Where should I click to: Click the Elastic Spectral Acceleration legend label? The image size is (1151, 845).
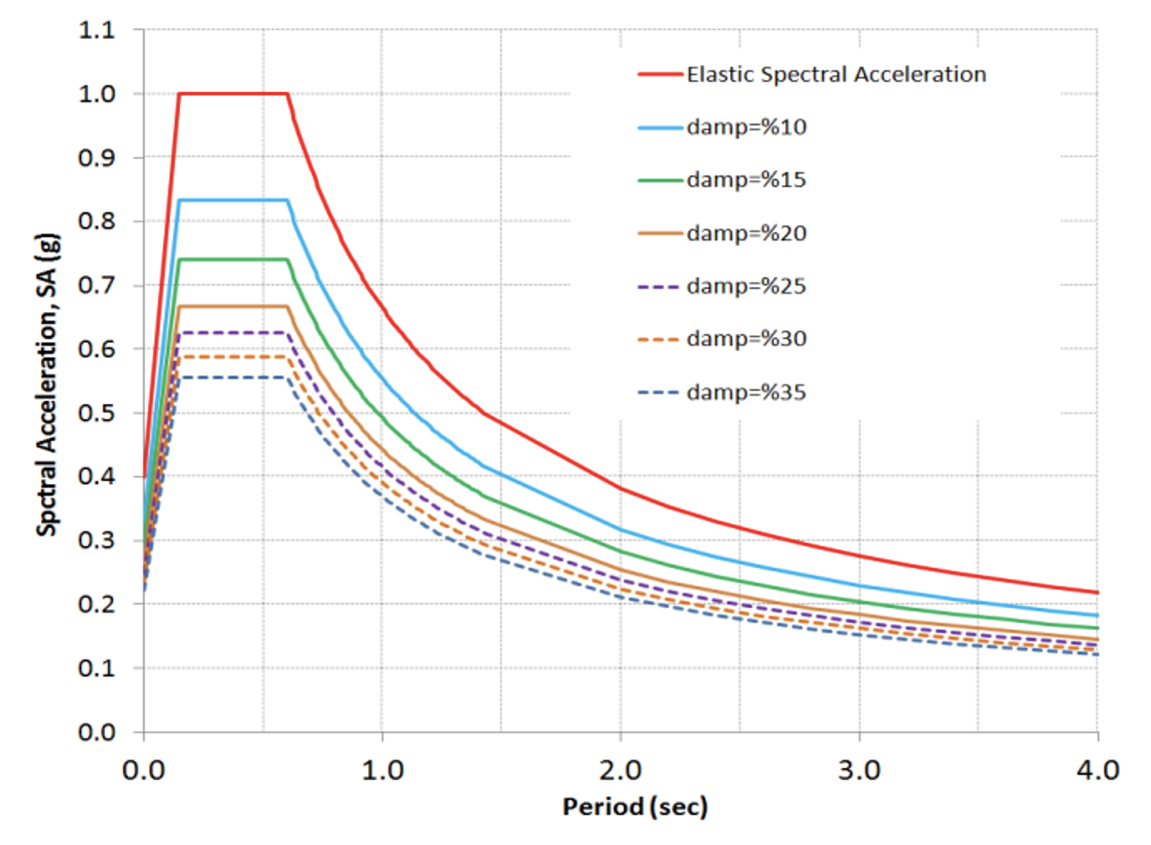click(x=836, y=74)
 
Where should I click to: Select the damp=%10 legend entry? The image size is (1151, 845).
click(x=746, y=127)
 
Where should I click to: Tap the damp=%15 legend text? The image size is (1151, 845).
click(x=746, y=180)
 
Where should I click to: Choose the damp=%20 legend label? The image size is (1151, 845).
click(x=746, y=234)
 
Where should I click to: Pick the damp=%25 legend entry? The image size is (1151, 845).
click(x=746, y=286)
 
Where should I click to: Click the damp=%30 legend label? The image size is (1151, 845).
click(x=746, y=339)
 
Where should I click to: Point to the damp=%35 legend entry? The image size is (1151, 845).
click(x=746, y=392)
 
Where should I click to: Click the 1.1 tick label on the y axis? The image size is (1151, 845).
click(x=97, y=30)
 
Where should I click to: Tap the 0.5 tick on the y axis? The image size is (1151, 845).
click(x=97, y=413)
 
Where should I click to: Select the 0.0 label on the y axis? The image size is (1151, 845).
click(x=97, y=732)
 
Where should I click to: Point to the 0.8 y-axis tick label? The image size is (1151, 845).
click(x=97, y=221)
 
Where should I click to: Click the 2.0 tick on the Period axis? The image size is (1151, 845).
click(x=621, y=768)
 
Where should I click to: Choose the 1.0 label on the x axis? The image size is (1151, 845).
click(x=382, y=768)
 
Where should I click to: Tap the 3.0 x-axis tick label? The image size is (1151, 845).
click(x=860, y=768)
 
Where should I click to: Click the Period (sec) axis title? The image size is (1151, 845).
click(x=634, y=808)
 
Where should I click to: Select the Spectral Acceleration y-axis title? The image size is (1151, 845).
click(x=48, y=384)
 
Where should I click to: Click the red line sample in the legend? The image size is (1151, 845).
click(x=660, y=75)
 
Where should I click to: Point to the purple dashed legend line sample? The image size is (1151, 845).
click(x=660, y=287)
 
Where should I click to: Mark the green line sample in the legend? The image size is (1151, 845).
click(x=660, y=181)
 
